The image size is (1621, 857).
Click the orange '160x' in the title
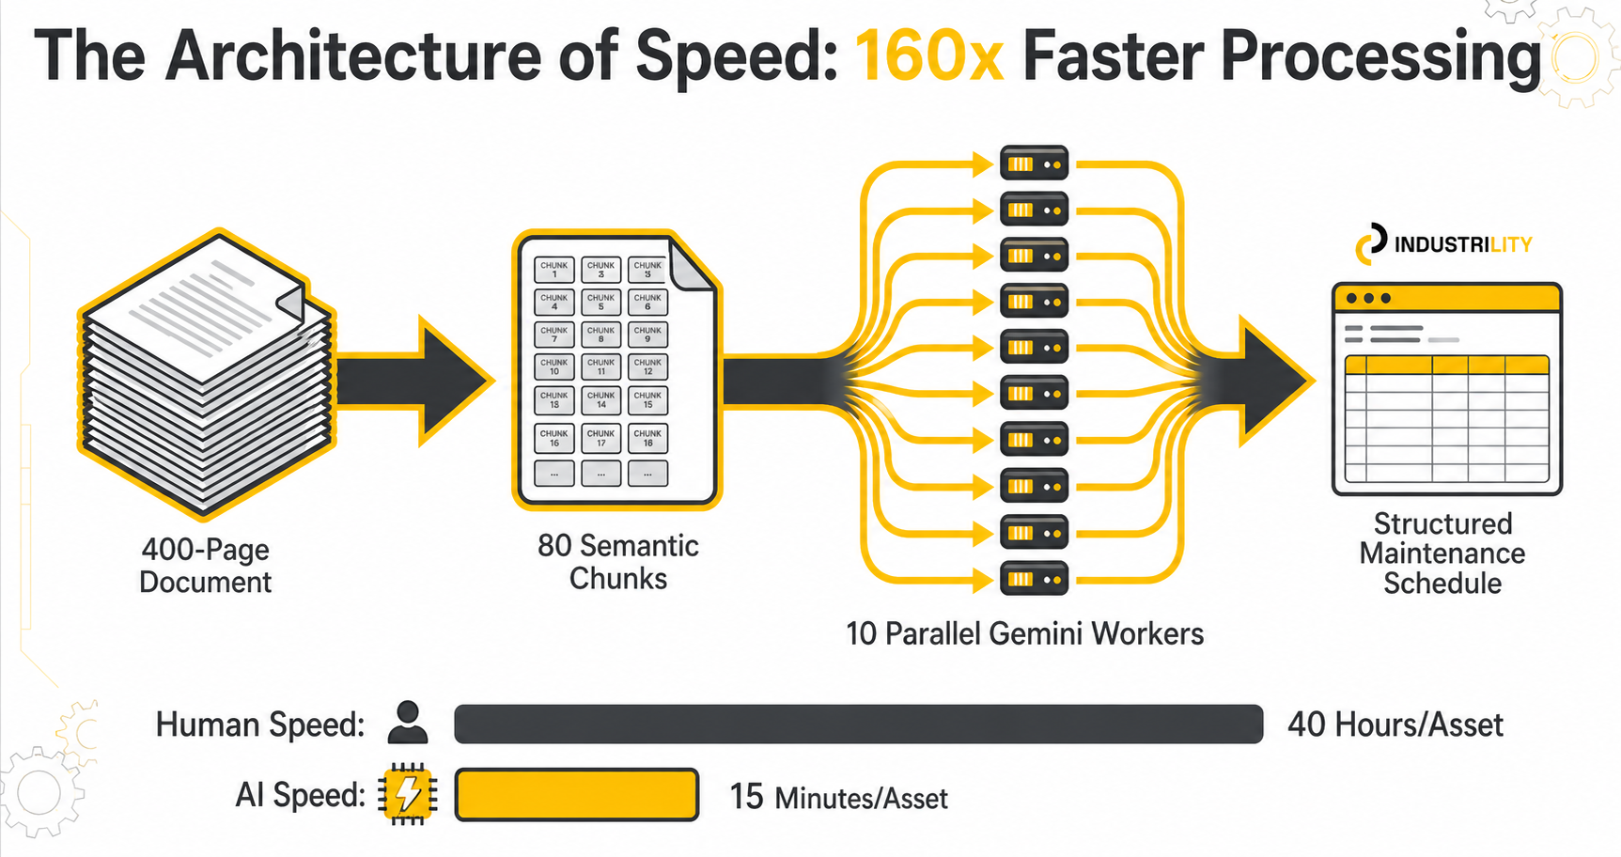(928, 56)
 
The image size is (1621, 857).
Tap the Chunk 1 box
(554, 270)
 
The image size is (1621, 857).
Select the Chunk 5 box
(601, 302)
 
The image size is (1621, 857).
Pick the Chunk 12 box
(647, 366)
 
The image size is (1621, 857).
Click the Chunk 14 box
(601, 399)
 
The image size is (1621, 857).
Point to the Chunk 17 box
(601, 438)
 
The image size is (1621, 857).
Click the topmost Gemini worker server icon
(1034, 164)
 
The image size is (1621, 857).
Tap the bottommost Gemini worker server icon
(1034, 579)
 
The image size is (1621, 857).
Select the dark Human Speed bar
(858, 725)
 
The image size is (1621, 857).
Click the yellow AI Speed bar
(577, 795)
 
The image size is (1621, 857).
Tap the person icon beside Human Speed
(407, 723)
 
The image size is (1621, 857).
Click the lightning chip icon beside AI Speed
(408, 795)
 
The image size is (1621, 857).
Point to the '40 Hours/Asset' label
(1395, 725)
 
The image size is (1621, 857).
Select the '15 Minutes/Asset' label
(838, 798)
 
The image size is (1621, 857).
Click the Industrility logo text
(1462, 245)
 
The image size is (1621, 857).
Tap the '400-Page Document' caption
(205, 566)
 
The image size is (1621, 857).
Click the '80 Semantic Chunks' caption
(617, 562)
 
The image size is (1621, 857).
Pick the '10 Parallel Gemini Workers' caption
(1024, 634)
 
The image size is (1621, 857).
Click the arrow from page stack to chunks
(413, 381)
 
